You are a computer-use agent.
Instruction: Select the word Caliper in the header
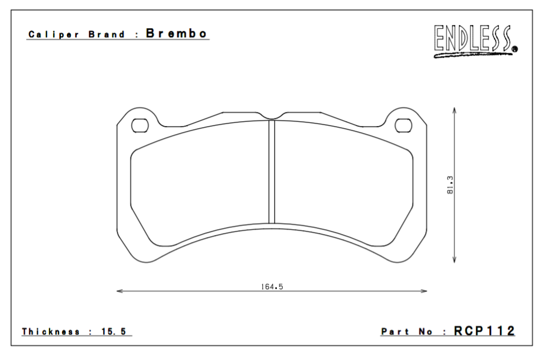(46, 35)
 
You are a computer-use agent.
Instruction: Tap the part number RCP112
(484, 331)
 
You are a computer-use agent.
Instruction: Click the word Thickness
(51, 332)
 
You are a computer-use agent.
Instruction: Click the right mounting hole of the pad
(404, 125)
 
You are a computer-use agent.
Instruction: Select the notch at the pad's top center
(271, 117)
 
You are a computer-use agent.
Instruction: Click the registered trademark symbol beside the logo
(515, 50)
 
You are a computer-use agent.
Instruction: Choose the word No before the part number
(427, 332)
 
